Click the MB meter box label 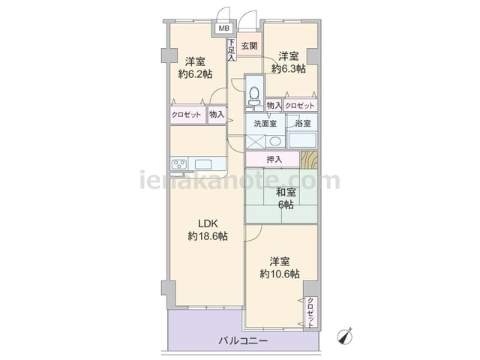223,28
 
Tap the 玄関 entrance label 249,46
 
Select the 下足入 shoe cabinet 232,49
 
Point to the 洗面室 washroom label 265,123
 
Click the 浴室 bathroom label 303,123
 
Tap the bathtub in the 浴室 302,140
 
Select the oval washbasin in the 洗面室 275,142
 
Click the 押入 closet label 274,160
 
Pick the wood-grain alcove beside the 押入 309,160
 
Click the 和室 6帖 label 286,198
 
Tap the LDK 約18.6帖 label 208,230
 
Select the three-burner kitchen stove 179,164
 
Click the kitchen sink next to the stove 203,164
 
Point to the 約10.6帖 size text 280,274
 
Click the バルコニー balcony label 243,340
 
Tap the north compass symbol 345,335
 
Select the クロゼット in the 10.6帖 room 310,312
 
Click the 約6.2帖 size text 195,73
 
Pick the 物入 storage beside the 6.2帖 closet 217,115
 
